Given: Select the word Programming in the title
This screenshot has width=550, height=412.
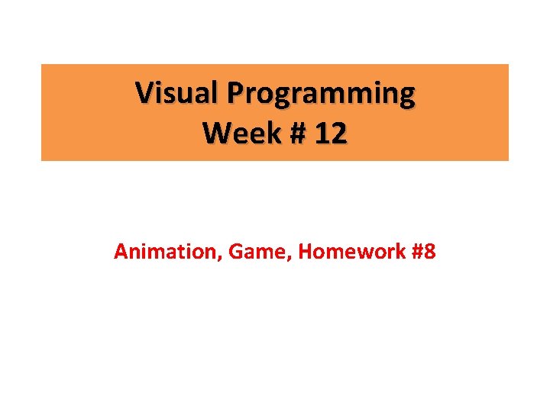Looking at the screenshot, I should [321, 95].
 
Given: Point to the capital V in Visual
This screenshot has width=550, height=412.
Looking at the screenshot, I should [144, 93].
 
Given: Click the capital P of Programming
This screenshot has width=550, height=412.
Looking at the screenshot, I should [234, 93].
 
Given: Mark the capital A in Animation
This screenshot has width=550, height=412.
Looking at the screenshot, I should [120, 251].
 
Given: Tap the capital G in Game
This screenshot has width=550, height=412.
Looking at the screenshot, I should [231, 251].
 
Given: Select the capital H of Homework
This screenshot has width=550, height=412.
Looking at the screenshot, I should [304, 251].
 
